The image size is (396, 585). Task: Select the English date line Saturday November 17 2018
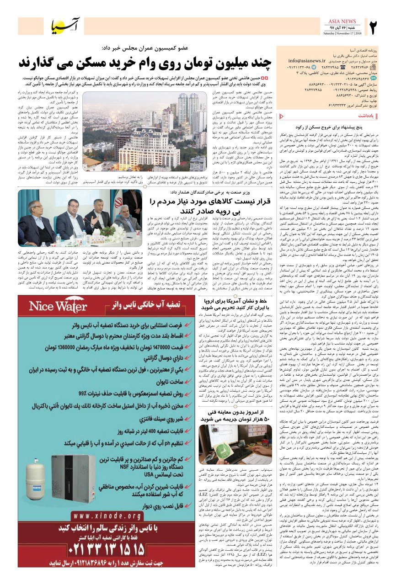(342, 33)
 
